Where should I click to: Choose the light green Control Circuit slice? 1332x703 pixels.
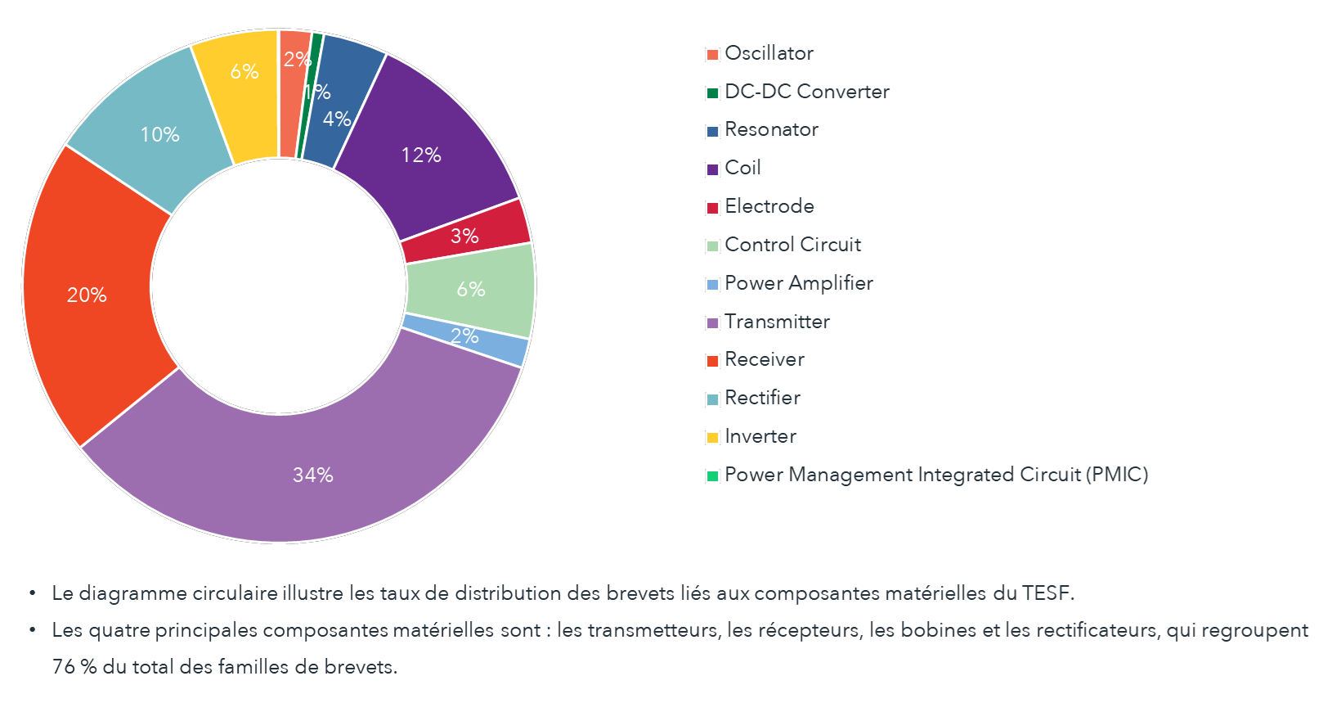coord(470,289)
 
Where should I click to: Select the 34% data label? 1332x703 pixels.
coord(313,475)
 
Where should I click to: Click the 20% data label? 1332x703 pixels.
coord(87,295)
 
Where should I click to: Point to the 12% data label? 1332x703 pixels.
coord(421,155)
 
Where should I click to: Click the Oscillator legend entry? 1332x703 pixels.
coord(769,53)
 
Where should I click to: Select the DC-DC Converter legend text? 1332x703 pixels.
coord(806,92)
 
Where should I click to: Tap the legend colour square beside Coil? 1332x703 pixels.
coord(712,169)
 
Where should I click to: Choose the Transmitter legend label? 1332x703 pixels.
coord(777,322)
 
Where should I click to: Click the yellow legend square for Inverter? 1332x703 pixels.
coord(712,438)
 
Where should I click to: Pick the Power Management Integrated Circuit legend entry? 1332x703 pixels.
coord(935,475)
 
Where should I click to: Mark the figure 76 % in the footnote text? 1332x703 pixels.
coord(74,666)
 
